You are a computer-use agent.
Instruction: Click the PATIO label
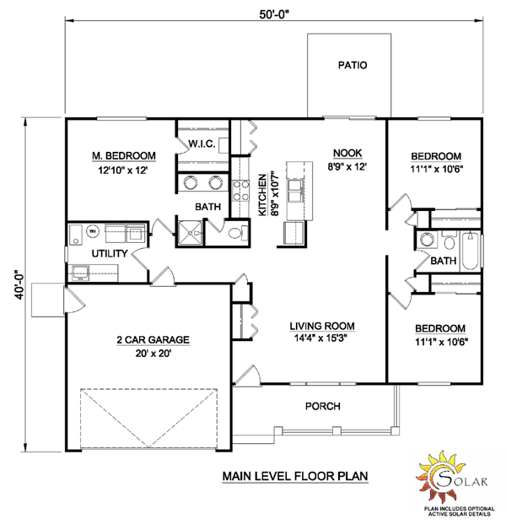coord(353,65)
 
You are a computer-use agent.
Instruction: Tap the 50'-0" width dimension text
coord(274,14)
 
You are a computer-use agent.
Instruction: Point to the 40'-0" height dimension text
coord(19,284)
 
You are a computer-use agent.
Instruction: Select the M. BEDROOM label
coord(124,156)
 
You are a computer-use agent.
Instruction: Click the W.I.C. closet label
coord(202,144)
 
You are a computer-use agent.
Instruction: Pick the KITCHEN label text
coord(262,195)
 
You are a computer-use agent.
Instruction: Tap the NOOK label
coord(347,153)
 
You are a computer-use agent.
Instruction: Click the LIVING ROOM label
coord(322,326)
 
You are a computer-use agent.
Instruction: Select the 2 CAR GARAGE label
coord(153,340)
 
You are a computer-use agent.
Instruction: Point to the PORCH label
coord(323,406)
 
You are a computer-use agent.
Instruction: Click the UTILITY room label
coord(110,253)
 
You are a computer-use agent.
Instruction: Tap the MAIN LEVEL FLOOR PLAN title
coord(295,476)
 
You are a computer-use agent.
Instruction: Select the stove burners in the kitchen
coord(241,191)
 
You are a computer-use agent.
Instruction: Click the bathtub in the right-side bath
coord(471,251)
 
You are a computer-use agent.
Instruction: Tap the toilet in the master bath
coord(238,233)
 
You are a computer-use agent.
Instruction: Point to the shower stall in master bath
coord(190,233)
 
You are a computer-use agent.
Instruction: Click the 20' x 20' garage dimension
coord(153,354)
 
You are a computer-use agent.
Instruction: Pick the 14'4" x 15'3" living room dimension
coord(321,338)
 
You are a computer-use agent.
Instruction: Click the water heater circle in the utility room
coord(92,231)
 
